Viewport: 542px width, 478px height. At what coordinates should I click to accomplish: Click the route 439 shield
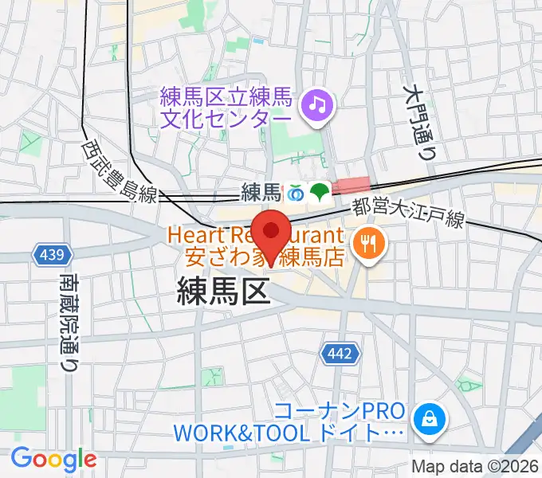[50, 255]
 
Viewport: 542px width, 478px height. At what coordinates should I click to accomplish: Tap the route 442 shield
[336, 353]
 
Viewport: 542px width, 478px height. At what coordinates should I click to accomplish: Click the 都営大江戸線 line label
[407, 214]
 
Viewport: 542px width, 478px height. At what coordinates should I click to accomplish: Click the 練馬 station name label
[261, 192]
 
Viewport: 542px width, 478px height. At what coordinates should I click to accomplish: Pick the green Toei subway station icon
[320, 192]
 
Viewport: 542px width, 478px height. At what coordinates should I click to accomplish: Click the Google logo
[53, 459]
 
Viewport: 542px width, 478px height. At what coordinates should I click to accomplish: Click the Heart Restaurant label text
[255, 236]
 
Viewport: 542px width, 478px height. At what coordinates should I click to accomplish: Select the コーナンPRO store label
[339, 413]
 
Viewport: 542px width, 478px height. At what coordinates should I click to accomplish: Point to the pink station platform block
[351, 186]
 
